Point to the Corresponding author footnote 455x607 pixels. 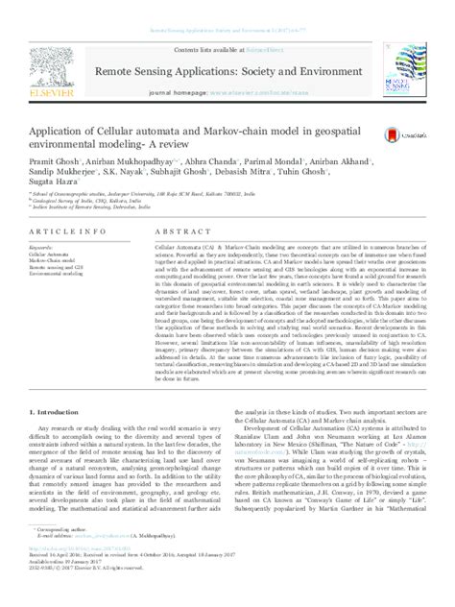tap(63, 556)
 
